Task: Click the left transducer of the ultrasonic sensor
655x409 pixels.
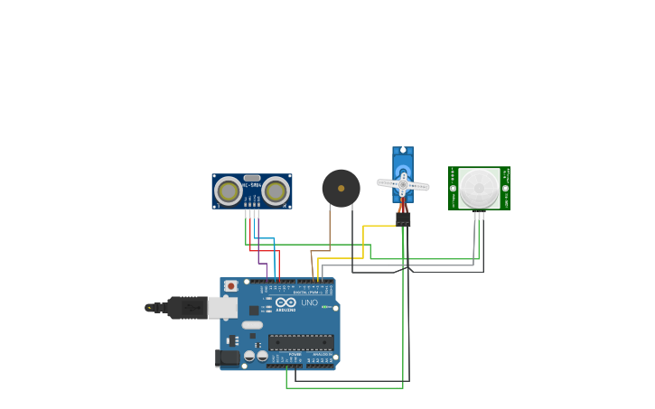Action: [x=229, y=191]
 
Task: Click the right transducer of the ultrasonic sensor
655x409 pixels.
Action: [x=276, y=191]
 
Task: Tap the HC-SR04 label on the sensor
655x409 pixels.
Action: [x=251, y=185]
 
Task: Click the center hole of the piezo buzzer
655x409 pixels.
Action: [x=341, y=188]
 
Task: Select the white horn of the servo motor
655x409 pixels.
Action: [x=403, y=184]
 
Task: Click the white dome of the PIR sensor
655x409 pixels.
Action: [x=478, y=188]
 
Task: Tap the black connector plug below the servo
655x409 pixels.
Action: [x=403, y=218]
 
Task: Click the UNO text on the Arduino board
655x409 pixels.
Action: [x=309, y=302]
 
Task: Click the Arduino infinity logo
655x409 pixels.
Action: [x=285, y=302]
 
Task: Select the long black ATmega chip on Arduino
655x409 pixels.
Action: [x=301, y=342]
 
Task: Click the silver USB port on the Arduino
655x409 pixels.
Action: [x=222, y=308]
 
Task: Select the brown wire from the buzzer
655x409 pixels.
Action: [x=330, y=230]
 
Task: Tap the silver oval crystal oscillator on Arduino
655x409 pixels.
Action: [x=252, y=325]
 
